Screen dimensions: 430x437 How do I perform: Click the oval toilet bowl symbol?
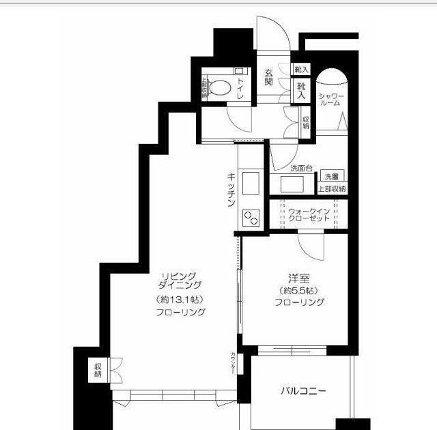[x=219, y=87]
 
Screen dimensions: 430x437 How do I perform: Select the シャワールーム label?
[x=331, y=99]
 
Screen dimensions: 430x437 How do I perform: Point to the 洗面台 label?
[x=301, y=168]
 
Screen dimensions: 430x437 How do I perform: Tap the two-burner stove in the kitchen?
[x=251, y=219]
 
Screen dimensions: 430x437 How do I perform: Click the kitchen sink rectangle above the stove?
[x=251, y=184]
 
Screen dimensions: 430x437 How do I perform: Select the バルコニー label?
[x=302, y=391]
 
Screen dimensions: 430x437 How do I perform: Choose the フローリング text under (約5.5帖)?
[x=299, y=302]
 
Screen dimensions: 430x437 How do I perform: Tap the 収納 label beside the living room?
[x=98, y=370]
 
